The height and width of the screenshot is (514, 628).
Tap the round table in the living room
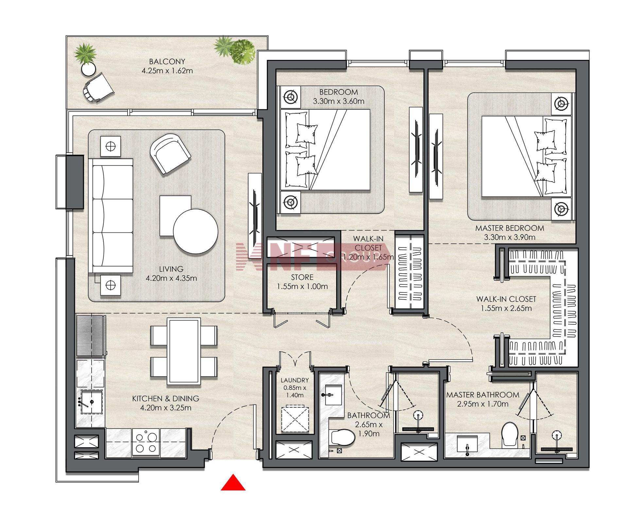[x=196, y=231]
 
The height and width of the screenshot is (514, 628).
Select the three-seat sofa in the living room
[x=111, y=215]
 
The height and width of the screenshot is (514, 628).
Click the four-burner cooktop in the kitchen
[x=146, y=442]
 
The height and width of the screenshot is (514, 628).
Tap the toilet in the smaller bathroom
[x=343, y=438]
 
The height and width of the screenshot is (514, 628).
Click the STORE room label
[x=302, y=277]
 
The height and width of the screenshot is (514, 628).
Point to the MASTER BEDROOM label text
[x=510, y=228]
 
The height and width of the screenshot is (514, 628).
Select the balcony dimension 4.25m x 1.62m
[x=167, y=70]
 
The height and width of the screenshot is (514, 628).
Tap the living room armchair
[x=170, y=154]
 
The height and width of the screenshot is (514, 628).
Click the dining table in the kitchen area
[x=184, y=351]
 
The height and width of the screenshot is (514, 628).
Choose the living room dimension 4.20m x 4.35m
[x=171, y=278]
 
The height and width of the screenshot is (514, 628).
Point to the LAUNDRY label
[x=295, y=380]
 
